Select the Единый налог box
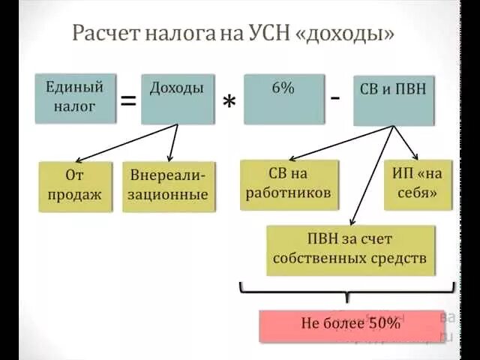pyautogui.click(x=76, y=97)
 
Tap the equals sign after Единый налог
pyautogui.click(x=128, y=100)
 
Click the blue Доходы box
pyautogui.click(x=177, y=98)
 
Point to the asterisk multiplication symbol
pyautogui.click(x=229, y=105)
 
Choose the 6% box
pyautogui.click(x=283, y=98)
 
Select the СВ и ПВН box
pyautogui.click(x=394, y=99)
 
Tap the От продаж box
pyautogui.click(x=73, y=186)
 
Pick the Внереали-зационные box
pyautogui.click(x=169, y=186)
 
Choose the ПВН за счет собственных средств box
pyautogui.click(x=350, y=250)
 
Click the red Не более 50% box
pyautogui.click(x=350, y=325)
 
